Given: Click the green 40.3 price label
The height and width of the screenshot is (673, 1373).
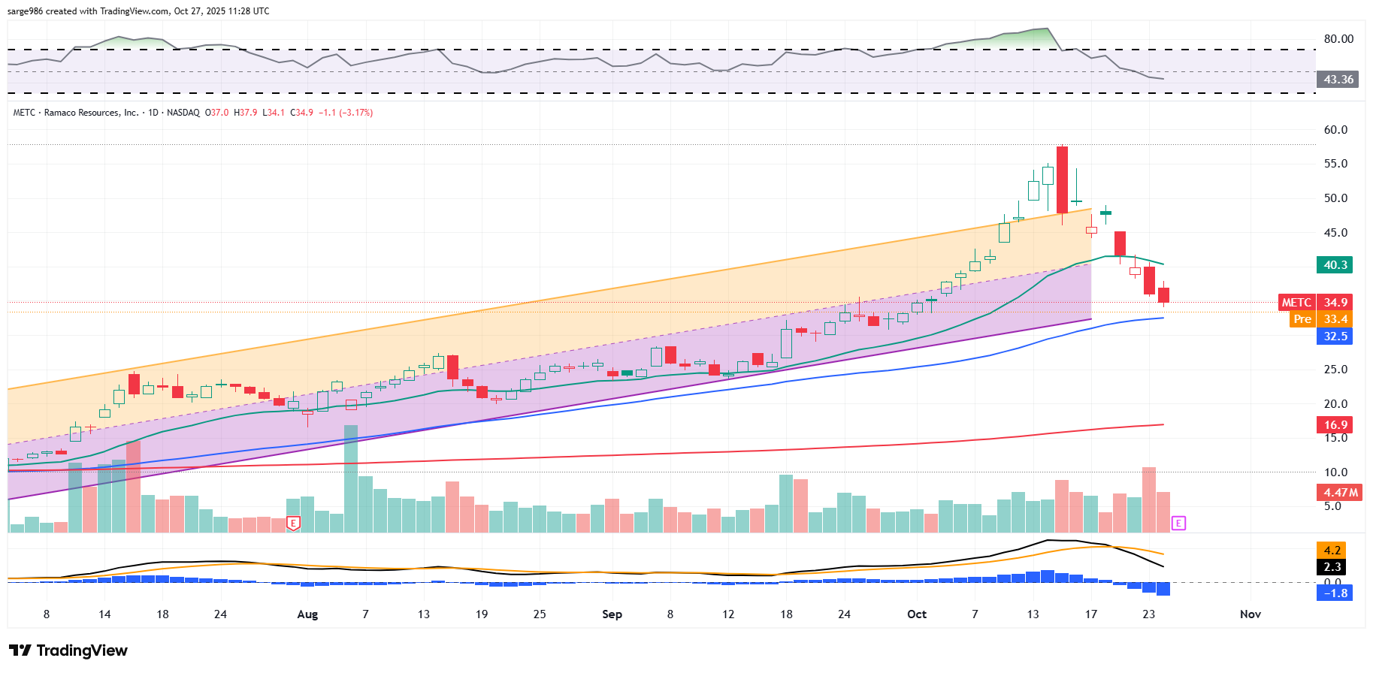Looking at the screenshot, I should [x=1335, y=265].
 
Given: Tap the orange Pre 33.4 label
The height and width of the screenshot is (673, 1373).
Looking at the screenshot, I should [x=1320, y=319].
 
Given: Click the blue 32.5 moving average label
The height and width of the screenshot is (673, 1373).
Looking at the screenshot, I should [x=1335, y=336].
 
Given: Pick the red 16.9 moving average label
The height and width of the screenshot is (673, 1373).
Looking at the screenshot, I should [x=1335, y=425].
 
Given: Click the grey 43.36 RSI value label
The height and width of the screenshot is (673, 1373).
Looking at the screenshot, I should [x=1338, y=80].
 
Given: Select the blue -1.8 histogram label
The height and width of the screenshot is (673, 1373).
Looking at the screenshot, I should [x=1335, y=593].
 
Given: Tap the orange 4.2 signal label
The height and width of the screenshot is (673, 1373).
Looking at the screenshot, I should [x=1332, y=551].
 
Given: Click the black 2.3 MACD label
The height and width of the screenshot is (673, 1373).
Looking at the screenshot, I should [x=1332, y=567].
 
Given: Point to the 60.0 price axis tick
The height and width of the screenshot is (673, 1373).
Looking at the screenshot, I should [x=1335, y=130].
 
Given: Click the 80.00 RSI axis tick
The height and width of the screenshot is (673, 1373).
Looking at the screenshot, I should [x=1338, y=39].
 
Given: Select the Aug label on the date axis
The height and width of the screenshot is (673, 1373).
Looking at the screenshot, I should [x=307, y=614].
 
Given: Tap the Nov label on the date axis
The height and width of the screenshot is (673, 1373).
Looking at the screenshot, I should [x=1250, y=614].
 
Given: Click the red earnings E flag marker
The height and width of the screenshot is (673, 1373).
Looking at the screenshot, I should [x=294, y=523].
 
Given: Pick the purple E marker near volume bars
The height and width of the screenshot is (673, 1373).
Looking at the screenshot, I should [x=1178, y=523].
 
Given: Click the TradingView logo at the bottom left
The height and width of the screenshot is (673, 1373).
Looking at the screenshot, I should [x=68, y=650].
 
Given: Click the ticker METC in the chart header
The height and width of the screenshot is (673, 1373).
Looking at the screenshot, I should [x=24, y=113].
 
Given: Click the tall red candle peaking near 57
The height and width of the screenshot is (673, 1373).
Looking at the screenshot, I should [x=1062, y=180].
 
